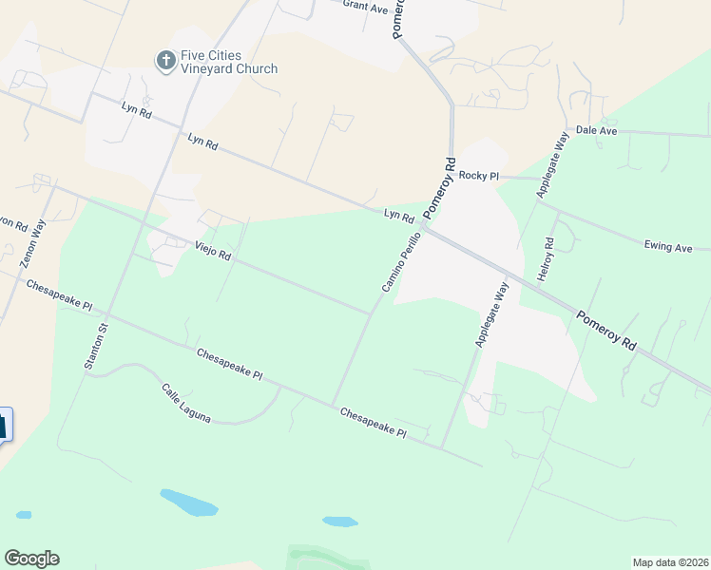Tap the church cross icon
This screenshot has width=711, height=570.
pyautogui.click(x=165, y=61)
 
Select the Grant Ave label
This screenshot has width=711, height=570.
pyautogui.click(x=366, y=8)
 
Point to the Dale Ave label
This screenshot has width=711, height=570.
pyautogui.click(x=597, y=130)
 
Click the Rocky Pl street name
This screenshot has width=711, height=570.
pyautogui.click(x=479, y=176)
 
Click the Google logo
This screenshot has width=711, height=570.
pyautogui.click(x=31, y=559)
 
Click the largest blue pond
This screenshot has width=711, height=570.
pyautogui.click(x=189, y=503)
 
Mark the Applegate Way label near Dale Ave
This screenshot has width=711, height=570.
pyautogui.click(x=551, y=166)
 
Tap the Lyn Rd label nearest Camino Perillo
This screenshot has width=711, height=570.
pyautogui.click(x=398, y=217)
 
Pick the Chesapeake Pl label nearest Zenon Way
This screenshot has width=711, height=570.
pyautogui.click(x=59, y=296)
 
